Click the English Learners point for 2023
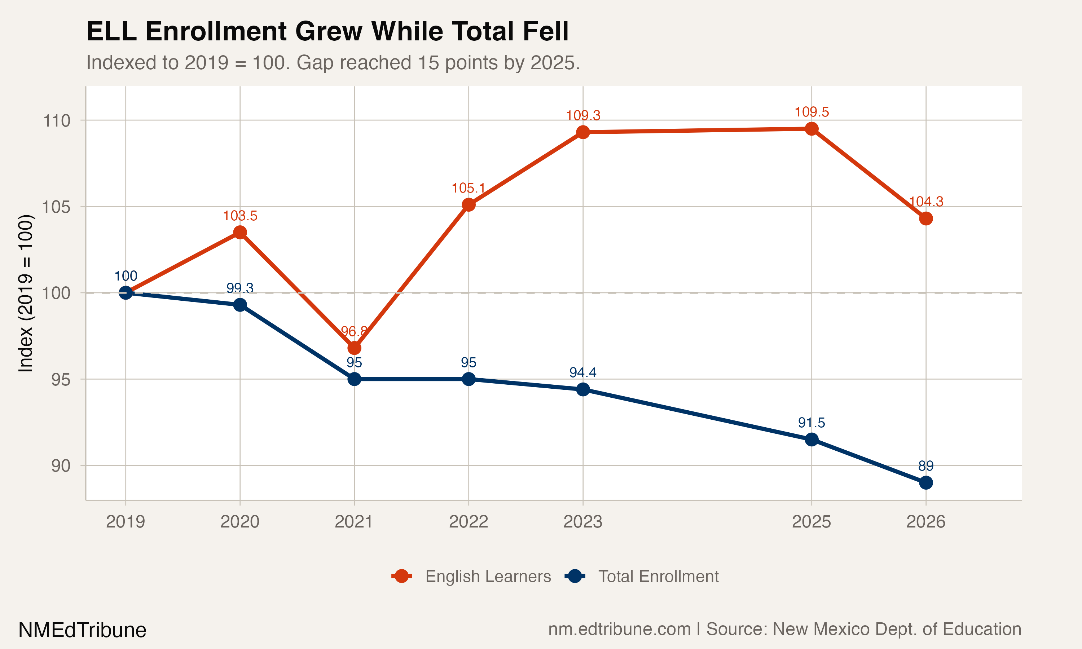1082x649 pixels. tap(582, 132)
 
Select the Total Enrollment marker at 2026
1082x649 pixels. tap(925, 483)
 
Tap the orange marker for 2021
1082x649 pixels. tap(354, 348)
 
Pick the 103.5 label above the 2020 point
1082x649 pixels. tap(240, 216)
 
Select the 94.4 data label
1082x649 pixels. tap(582, 372)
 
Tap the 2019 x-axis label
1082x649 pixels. tap(126, 522)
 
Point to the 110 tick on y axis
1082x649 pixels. tap(57, 121)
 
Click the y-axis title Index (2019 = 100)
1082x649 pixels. tap(25, 293)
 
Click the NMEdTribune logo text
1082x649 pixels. tap(82, 630)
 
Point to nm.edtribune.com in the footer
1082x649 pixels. tap(619, 629)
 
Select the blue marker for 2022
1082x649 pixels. tap(469, 379)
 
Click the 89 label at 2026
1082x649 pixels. tap(925, 466)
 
